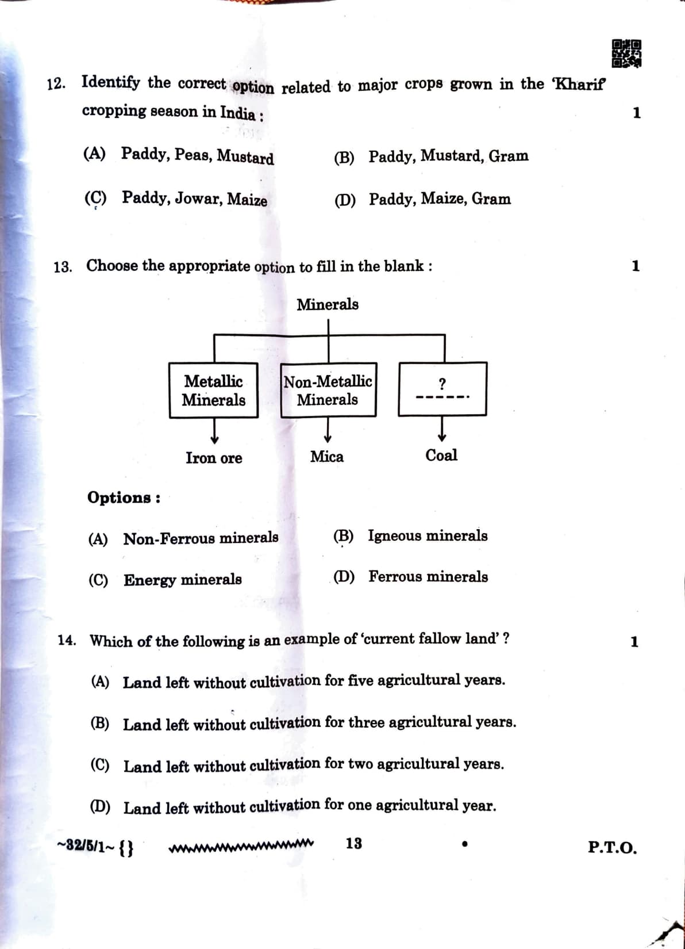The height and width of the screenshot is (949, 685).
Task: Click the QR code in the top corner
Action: pos(626,53)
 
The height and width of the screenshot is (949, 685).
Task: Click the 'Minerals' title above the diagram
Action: pos(328,304)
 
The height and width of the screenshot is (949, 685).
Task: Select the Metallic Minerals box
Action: pos(213,390)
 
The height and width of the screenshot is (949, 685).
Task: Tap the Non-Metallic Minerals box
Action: pos(328,390)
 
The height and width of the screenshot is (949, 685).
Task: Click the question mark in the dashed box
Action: pos(442,383)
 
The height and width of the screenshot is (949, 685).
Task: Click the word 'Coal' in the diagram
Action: pos(441,456)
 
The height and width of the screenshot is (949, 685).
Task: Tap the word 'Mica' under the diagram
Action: pos(327,457)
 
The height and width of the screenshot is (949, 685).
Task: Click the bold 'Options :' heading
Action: pos(124,498)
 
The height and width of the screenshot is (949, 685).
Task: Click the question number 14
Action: pos(67,641)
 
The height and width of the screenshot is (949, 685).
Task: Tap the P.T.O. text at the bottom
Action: pos(612,848)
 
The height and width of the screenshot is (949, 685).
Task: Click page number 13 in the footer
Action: pos(354,844)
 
